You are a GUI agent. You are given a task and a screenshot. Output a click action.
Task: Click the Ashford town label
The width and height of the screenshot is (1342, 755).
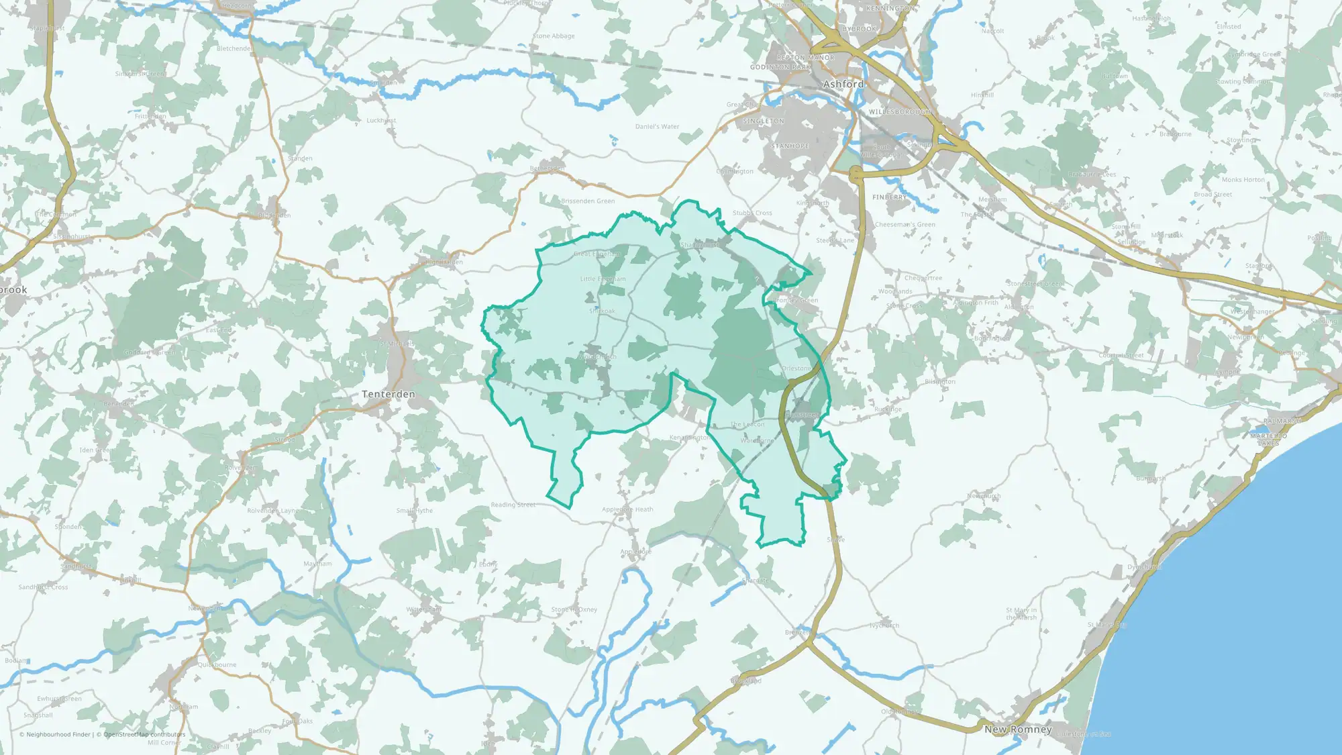843,85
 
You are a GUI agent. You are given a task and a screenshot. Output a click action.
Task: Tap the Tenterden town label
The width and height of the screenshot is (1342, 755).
389,395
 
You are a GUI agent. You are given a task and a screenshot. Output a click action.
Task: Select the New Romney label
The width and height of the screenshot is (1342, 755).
1018,729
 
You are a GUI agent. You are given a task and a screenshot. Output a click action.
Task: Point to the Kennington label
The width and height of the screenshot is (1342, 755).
890,9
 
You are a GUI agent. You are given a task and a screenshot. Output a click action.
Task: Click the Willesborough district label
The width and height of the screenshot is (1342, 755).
899,112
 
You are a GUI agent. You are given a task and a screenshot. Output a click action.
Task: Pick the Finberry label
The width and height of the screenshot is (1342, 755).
890,197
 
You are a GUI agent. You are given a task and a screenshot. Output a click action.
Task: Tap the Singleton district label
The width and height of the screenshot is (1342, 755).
764,121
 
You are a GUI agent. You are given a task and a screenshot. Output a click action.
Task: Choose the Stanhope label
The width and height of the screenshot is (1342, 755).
790,146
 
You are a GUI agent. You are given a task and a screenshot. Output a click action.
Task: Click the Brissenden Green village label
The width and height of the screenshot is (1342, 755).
588,201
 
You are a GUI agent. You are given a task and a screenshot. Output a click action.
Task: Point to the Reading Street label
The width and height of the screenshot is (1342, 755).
513,505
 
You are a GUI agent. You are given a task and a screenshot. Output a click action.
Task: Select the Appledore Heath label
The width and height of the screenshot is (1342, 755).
627,509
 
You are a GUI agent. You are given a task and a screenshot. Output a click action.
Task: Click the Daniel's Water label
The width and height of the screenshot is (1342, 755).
658,127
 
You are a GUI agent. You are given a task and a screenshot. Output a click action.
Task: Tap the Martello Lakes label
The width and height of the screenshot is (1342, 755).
1268,440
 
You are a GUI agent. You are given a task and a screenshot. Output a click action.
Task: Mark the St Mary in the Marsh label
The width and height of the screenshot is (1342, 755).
1021,614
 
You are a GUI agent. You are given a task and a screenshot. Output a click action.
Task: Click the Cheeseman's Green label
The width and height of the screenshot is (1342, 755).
905,225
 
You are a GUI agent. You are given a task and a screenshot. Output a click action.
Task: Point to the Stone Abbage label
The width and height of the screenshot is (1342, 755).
554,36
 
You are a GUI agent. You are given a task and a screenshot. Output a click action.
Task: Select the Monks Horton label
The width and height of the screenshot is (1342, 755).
1243,180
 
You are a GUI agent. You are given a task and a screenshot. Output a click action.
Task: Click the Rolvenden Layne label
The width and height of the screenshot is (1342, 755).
273,511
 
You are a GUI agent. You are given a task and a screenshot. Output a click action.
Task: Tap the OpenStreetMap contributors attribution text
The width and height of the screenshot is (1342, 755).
144,734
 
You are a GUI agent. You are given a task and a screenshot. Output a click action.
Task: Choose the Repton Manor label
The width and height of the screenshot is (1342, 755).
806,58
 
